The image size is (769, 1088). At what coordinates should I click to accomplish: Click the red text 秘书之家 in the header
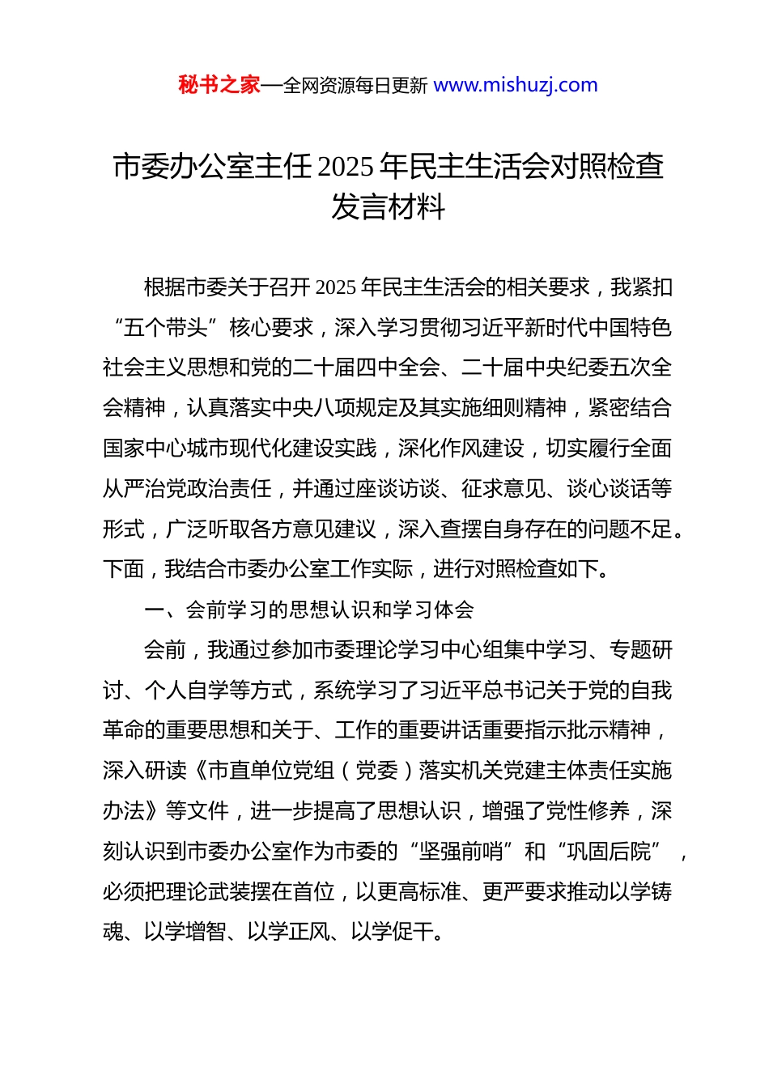(219, 85)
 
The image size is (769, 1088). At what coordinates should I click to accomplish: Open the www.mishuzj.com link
(516, 85)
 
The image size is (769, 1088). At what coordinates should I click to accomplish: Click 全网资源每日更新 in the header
(355, 86)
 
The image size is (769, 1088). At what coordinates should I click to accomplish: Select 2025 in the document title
(346, 167)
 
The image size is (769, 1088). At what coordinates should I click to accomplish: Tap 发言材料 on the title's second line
(388, 207)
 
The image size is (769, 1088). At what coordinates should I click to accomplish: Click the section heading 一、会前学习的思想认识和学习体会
(308, 610)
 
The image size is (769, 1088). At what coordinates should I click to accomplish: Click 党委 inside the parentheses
(376, 771)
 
